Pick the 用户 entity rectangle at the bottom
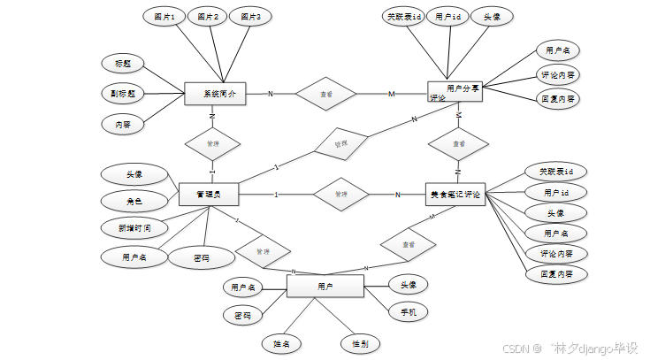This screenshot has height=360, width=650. (x=325, y=287)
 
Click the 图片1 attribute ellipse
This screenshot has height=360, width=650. (x=164, y=17)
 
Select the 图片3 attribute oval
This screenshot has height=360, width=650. (x=251, y=17)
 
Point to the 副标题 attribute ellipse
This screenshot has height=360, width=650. (x=123, y=92)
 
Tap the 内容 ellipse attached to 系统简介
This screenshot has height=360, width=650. (x=123, y=125)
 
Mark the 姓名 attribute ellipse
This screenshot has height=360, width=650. (x=282, y=342)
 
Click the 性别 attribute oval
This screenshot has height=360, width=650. (x=362, y=342)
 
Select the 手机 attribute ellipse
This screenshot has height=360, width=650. (x=409, y=311)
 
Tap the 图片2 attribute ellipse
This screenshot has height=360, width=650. (x=208, y=17)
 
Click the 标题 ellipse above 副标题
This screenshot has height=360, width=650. (x=123, y=63)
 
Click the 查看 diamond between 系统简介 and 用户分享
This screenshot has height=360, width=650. (x=325, y=93)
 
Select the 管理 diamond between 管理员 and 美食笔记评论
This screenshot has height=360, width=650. (x=340, y=195)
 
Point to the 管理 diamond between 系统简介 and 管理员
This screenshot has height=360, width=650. (x=212, y=143)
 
